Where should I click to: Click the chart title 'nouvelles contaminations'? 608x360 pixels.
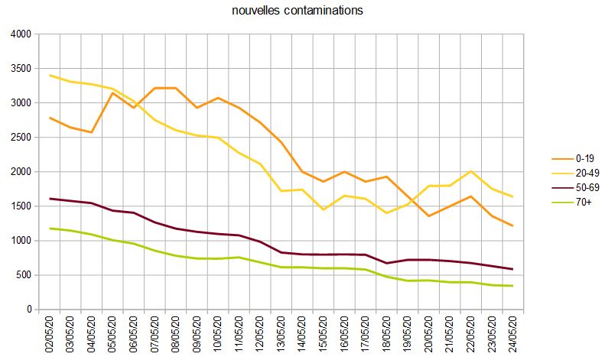(x=297, y=11)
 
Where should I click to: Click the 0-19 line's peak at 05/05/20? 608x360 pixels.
(x=112, y=93)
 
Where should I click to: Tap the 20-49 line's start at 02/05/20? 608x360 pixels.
(x=50, y=76)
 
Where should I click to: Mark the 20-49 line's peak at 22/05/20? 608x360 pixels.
(x=471, y=171)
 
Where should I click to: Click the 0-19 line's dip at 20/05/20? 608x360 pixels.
(x=429, y=216)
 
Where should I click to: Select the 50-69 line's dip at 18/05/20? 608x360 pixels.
(x=387, y=263)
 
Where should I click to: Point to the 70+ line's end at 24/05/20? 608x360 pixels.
(x=512, y=286)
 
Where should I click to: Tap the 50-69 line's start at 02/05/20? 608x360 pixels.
(x=50, y=199)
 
